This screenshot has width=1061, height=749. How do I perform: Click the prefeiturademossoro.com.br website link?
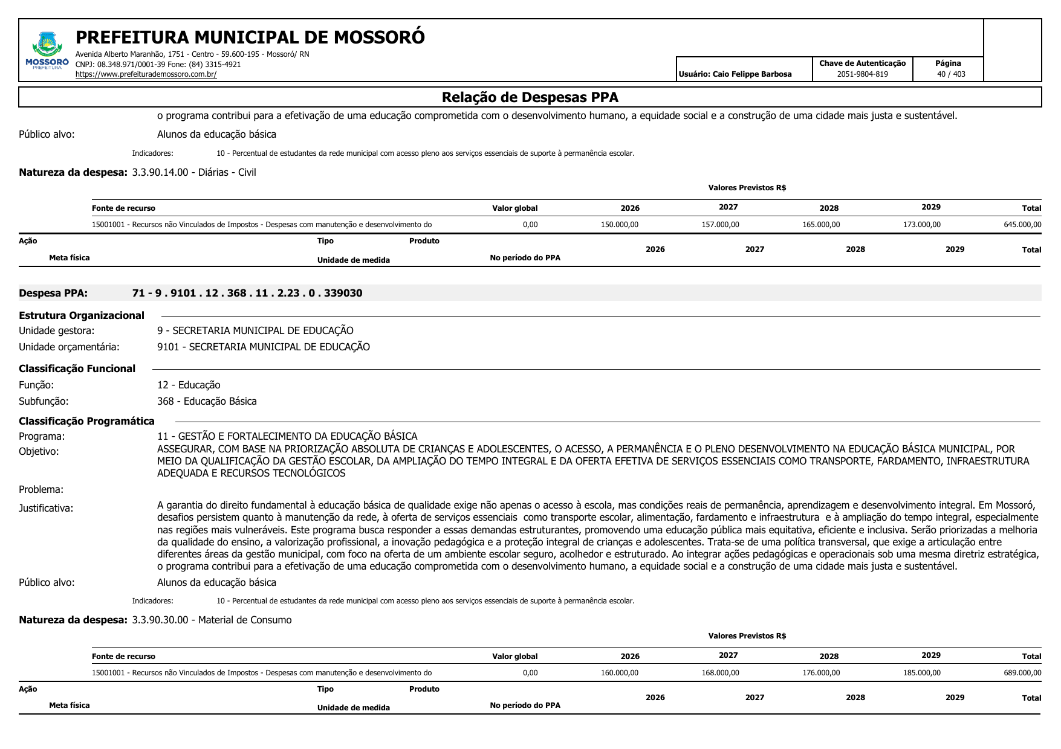tap(146, 74)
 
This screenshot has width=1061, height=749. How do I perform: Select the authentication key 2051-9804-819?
tap(862, 74)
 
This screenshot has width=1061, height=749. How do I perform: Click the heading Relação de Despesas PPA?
tap(530, 97)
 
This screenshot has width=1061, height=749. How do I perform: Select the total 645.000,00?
tap(1022, 225)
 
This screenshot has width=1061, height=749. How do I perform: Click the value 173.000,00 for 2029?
tap(921, 225)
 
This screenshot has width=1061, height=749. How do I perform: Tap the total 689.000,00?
tap(1022, 673)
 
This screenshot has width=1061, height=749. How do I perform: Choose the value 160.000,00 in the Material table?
tap(619, 673)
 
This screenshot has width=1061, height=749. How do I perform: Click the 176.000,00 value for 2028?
tap(820, 673)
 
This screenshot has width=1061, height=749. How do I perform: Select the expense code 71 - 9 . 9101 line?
tap(247, 294)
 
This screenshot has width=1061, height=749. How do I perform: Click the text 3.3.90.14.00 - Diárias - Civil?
tap(193, 173)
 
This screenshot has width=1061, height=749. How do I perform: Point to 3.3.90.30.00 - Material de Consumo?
tap(212, 620)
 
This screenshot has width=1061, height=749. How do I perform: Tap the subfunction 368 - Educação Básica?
tap(207, 402)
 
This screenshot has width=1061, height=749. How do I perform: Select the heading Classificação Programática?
tap(86, 422)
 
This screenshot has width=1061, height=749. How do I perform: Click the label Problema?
tap(41, 490)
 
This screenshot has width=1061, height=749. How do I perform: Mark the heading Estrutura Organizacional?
tap(82, 315)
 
